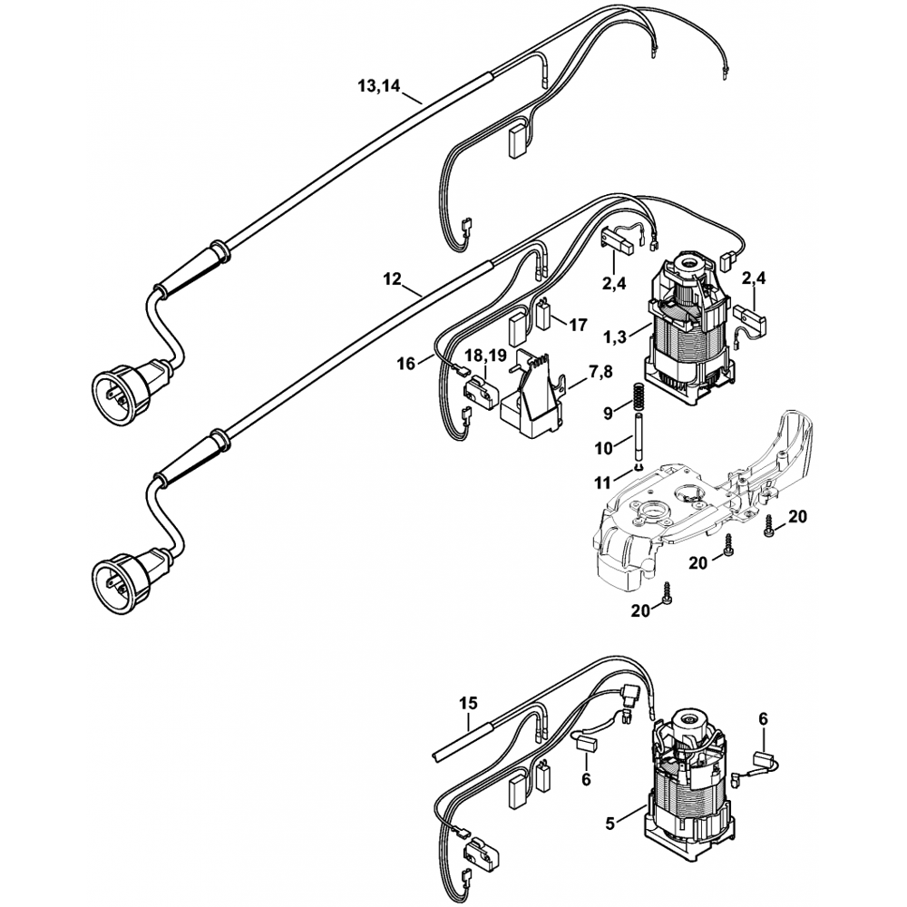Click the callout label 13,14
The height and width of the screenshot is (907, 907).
(x=379, y=86)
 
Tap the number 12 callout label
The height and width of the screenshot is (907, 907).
(x=392, y=279)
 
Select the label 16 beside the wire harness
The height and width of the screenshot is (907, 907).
(x=406, y=364)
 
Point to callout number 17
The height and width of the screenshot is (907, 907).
(x=577, y=325)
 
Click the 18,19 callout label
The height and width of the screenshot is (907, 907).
(x=486, y=356)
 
